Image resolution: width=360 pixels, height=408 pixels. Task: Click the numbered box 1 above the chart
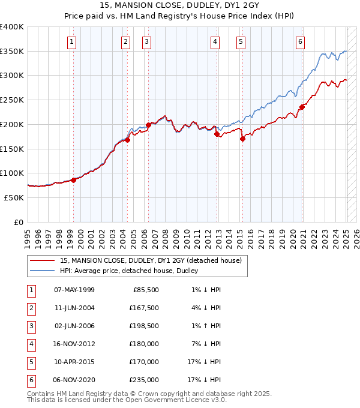point(72,41)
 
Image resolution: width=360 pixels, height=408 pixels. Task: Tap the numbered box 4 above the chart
point(215,41)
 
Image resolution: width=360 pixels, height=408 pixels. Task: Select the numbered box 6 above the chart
point(300,41)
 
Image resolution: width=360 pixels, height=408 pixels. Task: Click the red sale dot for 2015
point(242,139)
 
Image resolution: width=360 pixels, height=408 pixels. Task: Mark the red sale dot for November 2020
point(302,107)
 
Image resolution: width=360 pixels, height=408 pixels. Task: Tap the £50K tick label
point(14,197)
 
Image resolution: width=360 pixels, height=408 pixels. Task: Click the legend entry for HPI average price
point(128,271)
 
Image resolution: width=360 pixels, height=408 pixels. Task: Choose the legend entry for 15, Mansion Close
point(150,260)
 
